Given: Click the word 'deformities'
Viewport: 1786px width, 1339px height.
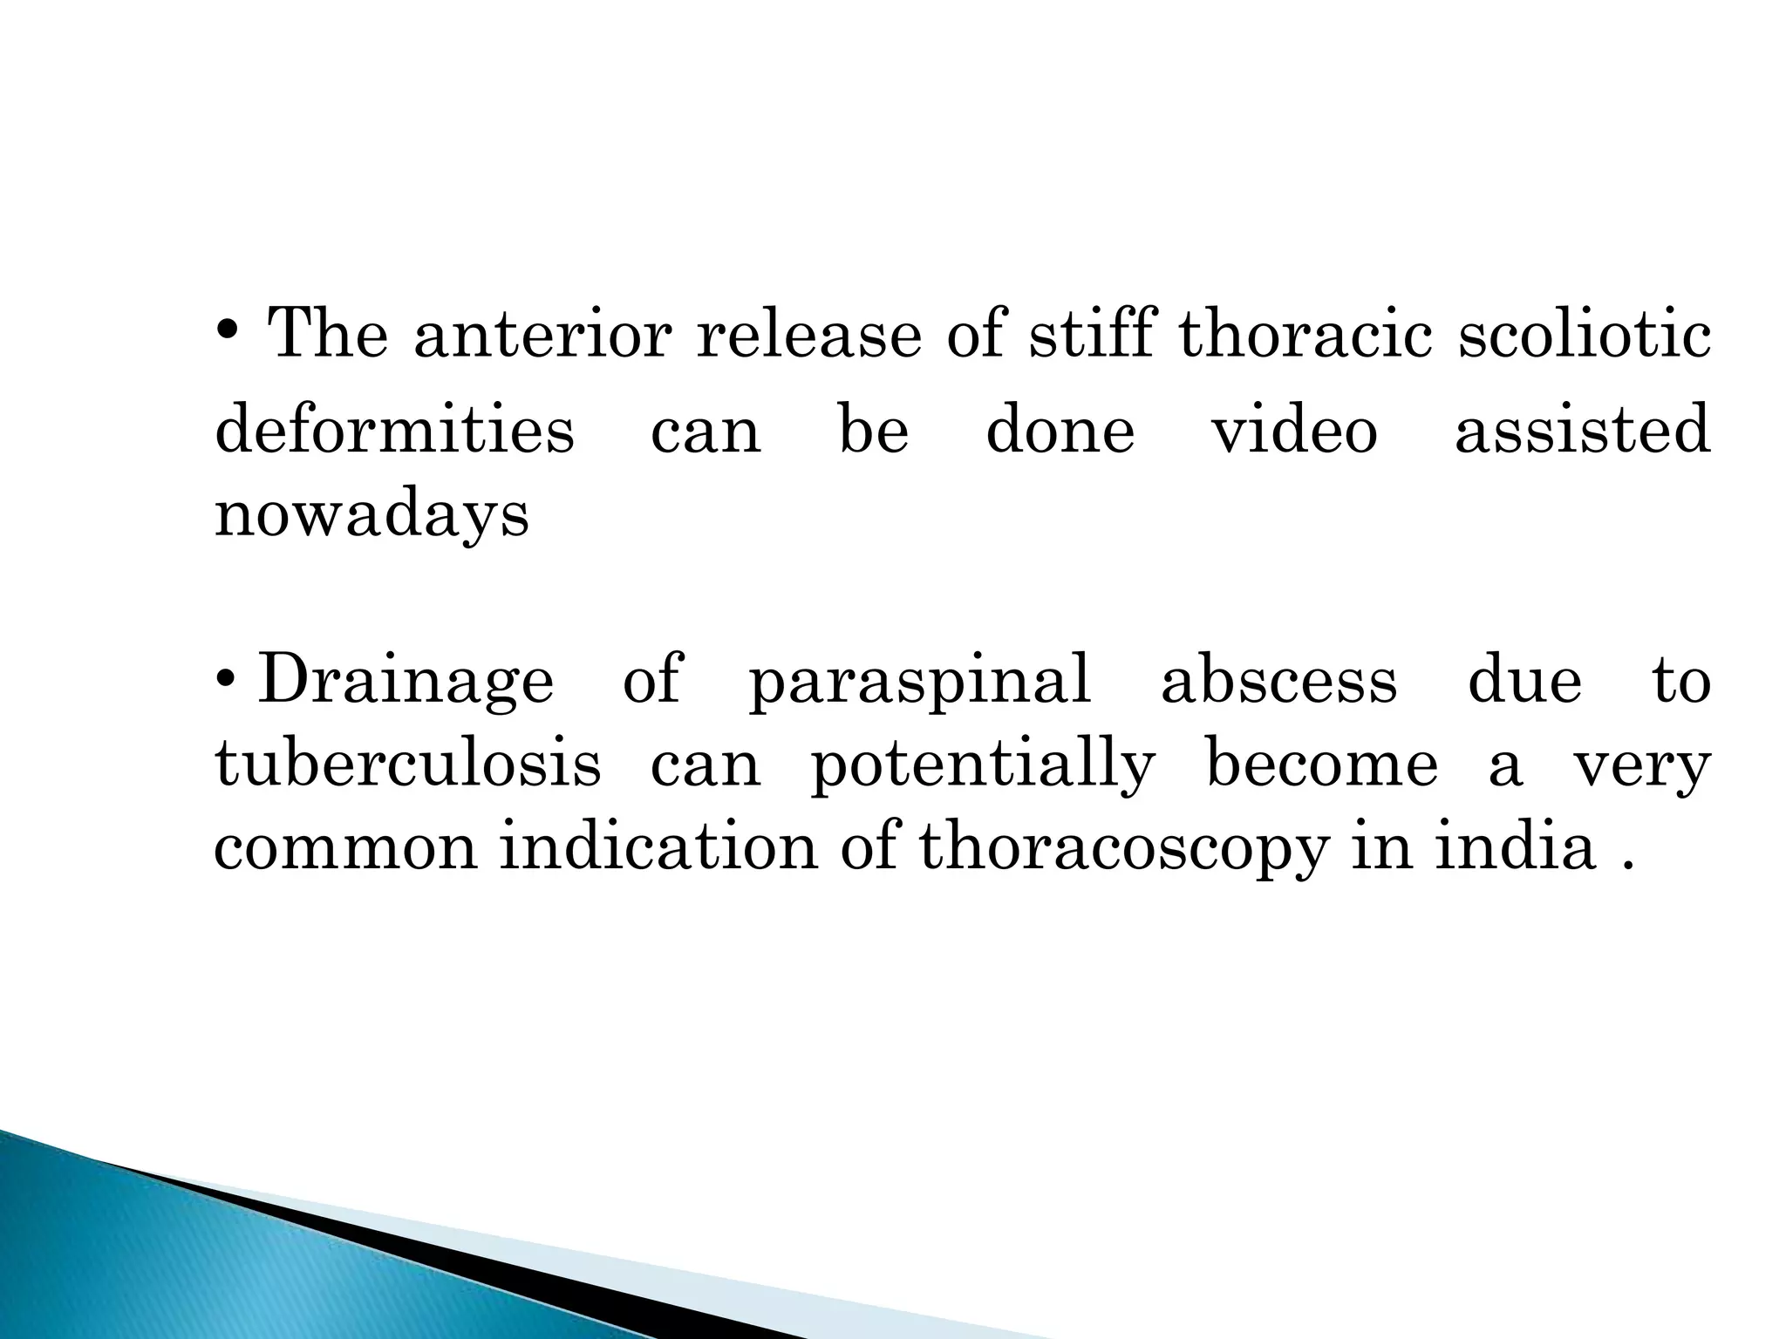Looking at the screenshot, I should click(394, 431).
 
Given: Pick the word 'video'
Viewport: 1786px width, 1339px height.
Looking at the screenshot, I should click(1294, 431).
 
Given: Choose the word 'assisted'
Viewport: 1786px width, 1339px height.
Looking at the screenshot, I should click(1582, 431).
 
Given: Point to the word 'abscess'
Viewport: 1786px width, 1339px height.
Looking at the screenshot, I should click(1278, 681).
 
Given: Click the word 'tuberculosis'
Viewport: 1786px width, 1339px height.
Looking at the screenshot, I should click(408, 765).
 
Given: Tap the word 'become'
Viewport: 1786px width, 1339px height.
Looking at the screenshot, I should click(1321, 765).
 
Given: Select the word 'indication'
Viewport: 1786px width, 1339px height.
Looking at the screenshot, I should click(658, 847).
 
